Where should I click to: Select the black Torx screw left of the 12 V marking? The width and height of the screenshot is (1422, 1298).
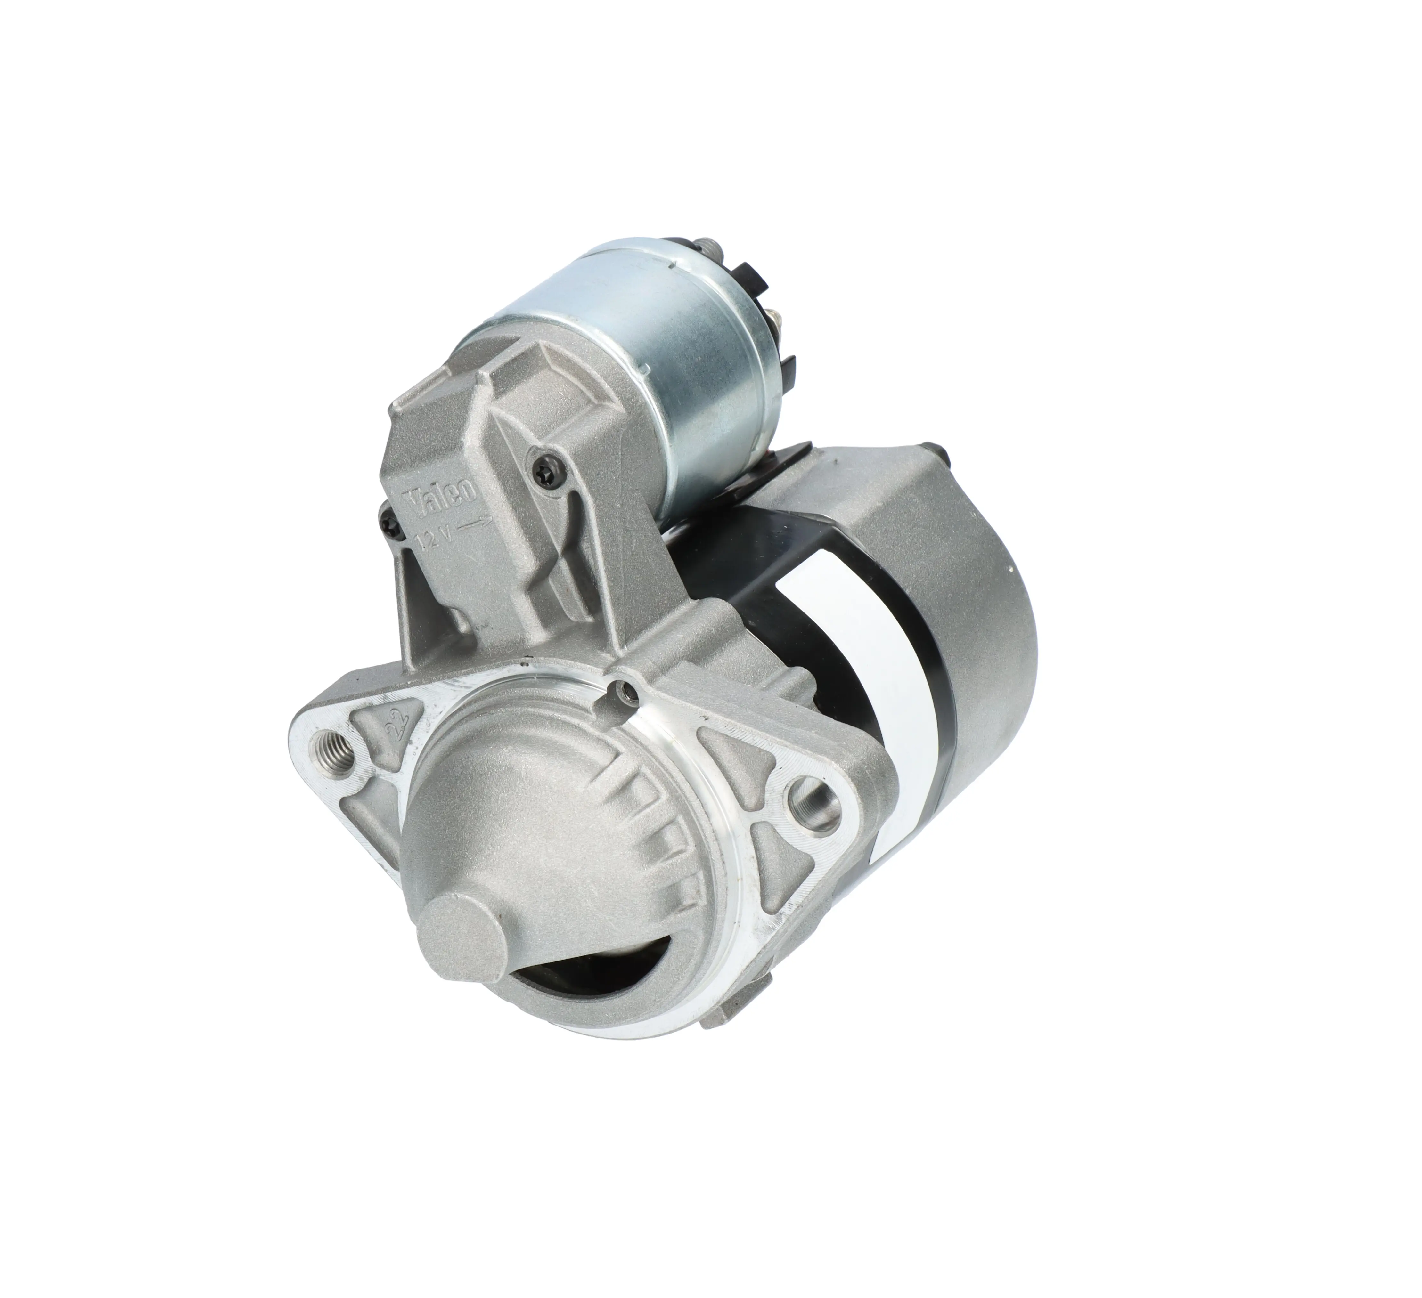coord(390,523)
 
